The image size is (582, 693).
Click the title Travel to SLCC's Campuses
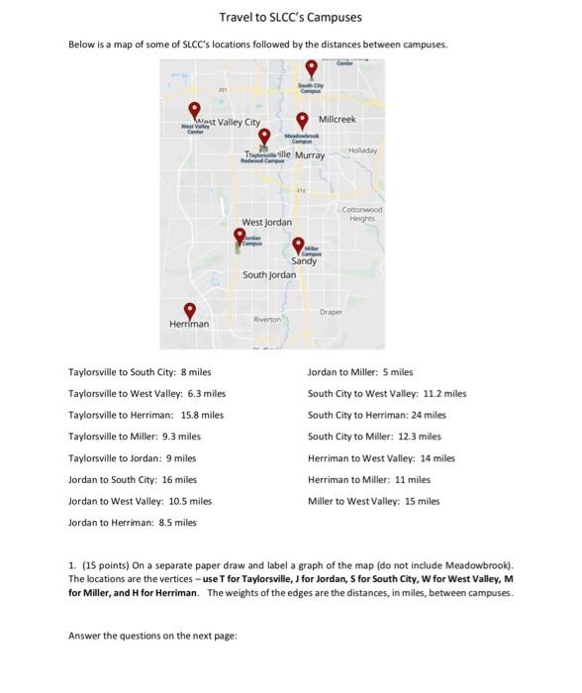(291, 17)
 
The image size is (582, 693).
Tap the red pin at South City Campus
(312, 67)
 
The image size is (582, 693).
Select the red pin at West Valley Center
(195, 110)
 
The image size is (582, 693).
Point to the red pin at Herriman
(190, 311)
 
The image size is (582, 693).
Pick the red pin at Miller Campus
(298, 245)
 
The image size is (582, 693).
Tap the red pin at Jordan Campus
(240, 236)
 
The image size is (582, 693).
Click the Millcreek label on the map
(337, 119)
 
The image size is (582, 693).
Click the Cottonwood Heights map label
(362, 214)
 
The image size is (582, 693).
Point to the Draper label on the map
(331, 312)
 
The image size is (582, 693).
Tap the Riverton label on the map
(267, 320)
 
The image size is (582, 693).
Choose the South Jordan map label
(268, 274)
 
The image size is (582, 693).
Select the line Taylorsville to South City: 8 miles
(140, 372)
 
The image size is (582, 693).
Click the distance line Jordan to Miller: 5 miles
(360, 372)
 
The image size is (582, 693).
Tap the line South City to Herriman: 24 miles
(377, 415)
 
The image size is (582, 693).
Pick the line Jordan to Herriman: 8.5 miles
(133, 522)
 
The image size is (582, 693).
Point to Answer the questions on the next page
(152, 635)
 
